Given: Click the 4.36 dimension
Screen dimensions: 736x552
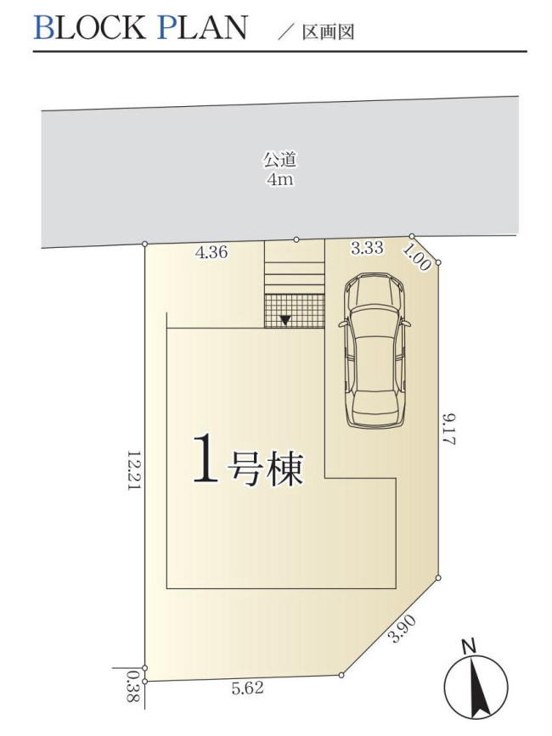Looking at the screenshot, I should point(211,252).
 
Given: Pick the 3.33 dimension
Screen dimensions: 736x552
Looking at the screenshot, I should point(367,248).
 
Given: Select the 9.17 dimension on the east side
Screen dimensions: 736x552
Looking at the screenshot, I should point(449,429).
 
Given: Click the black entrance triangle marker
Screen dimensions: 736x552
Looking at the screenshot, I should point(286,320).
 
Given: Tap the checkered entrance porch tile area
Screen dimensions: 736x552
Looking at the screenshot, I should point(294,310).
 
